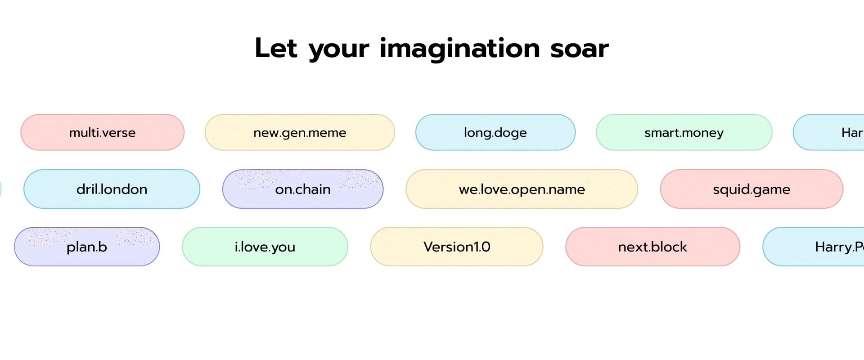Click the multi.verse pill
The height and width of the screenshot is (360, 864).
coord(102,132)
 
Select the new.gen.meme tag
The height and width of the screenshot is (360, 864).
coord(300,132)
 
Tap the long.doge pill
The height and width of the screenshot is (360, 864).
coord(495,132)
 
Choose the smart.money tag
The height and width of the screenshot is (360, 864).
coord(684,132)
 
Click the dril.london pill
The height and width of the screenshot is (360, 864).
coord(112,189)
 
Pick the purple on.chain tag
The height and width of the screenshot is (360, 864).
coord(303,189)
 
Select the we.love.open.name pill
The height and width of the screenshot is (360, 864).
coord(522,189)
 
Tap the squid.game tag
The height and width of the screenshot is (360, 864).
coord(751,189)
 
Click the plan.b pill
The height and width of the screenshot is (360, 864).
coord(87,247)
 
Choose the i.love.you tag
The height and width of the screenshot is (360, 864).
coord(265,247)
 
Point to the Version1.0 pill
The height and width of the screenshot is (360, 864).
coord(457,247)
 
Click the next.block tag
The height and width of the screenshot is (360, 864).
coord(652,247)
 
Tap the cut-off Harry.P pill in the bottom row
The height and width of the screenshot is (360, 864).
coord(819,247)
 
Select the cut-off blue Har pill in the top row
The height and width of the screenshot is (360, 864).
coord(837,132)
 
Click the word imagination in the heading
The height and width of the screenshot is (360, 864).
coord(459,49)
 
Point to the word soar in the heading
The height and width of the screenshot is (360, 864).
coord(579,49)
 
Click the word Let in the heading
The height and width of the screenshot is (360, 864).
coord(276,49)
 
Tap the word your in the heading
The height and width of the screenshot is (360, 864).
coord(338,49)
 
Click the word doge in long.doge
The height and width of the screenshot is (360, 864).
coord(510,133)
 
